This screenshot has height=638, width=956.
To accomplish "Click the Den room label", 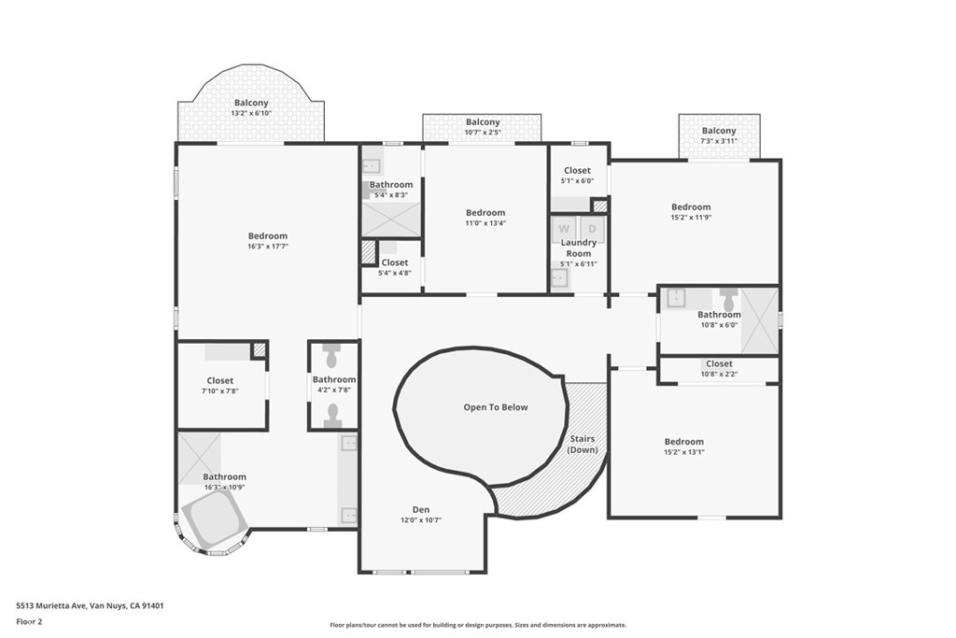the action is (x=421, y=510).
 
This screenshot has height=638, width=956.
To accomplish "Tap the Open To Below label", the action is (x=496, y=407).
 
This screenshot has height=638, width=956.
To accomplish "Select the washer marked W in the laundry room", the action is (x=564, y=230).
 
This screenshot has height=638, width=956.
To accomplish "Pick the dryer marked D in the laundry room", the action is (x=591, y=230).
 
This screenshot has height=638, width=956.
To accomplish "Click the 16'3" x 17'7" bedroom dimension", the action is (x=268, y=247).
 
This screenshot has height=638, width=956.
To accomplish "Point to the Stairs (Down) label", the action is (x=583, y=444).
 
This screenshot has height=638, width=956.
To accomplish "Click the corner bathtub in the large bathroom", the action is (x=214, y=518).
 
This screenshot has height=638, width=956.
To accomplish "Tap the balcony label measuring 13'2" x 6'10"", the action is (x=251, y=103).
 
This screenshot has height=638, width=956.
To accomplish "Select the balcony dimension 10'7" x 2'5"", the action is (x=483, y=132).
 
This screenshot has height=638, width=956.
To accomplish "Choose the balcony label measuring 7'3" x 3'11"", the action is (x=719, y=131).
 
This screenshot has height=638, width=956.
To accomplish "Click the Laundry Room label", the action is (x=579, y=248).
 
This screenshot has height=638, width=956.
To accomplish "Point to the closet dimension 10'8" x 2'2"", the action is (x=720, y=374).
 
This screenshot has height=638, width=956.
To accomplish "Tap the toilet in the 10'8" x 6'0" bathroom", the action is (x=728, y=299).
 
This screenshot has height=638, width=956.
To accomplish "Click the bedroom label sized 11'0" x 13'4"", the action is (x=485, y=213).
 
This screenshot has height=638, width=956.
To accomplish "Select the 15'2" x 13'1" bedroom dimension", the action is (x=684, y=452).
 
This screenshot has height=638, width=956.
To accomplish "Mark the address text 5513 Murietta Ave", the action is (x=51, y=605).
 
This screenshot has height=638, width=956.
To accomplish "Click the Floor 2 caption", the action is (x=29, y=622).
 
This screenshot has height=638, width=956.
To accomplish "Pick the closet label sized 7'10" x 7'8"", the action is (x=220, y=380).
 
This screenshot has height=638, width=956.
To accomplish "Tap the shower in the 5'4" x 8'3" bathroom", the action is (x=391, y=219).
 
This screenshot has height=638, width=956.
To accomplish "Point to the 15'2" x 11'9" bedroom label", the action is (x=691, y=206).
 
